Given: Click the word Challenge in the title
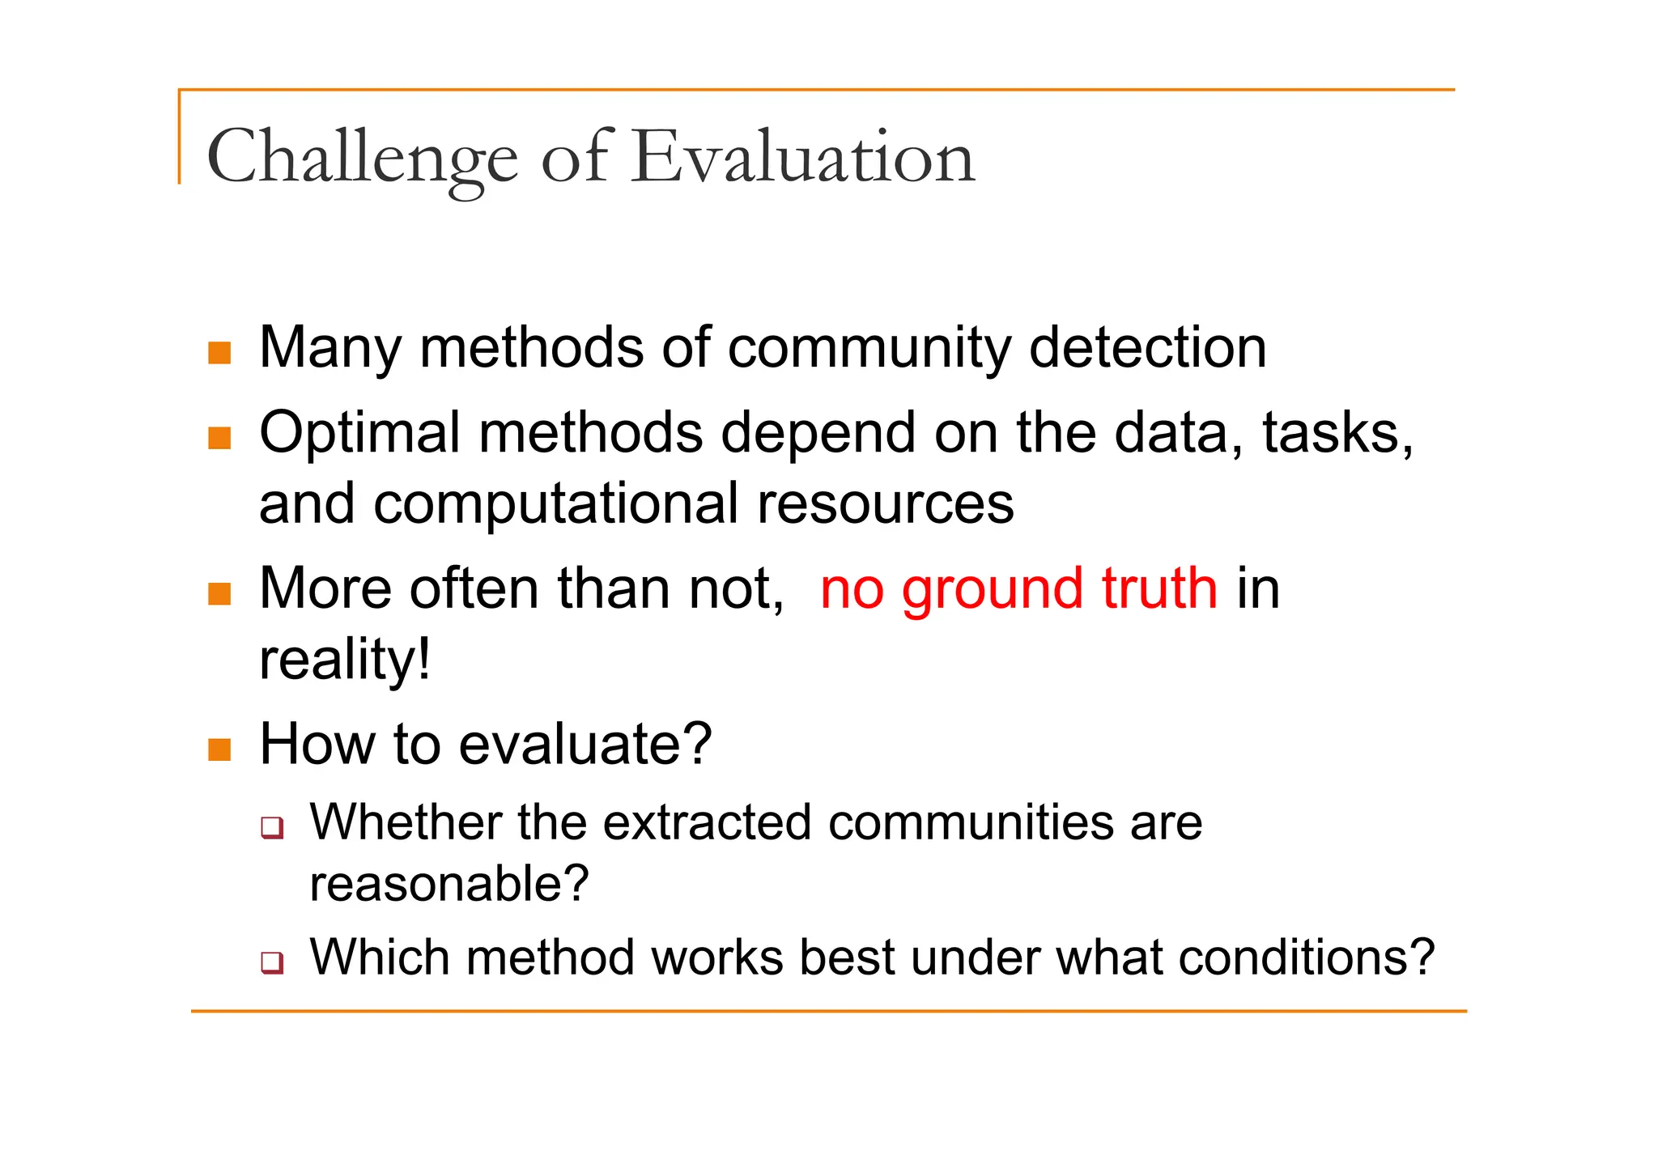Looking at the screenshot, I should (361, 158).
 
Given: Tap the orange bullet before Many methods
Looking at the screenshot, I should (219, 353).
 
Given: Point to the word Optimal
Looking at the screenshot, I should (359, 433).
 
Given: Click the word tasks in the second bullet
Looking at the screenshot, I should (1336, 433).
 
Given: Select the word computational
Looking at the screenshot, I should (555, 503).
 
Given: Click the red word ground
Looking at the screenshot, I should (992, 589).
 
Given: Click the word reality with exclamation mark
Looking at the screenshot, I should (345, 660).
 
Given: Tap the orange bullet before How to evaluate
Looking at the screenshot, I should (219, 749).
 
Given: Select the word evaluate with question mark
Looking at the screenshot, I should (585, 745).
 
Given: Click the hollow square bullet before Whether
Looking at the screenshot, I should (272, 828).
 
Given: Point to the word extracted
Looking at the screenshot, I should (706, 822).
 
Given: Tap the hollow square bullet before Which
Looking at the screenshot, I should (272, 962).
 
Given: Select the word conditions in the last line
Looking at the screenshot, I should (1306, 958).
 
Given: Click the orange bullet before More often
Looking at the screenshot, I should (219, 594).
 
